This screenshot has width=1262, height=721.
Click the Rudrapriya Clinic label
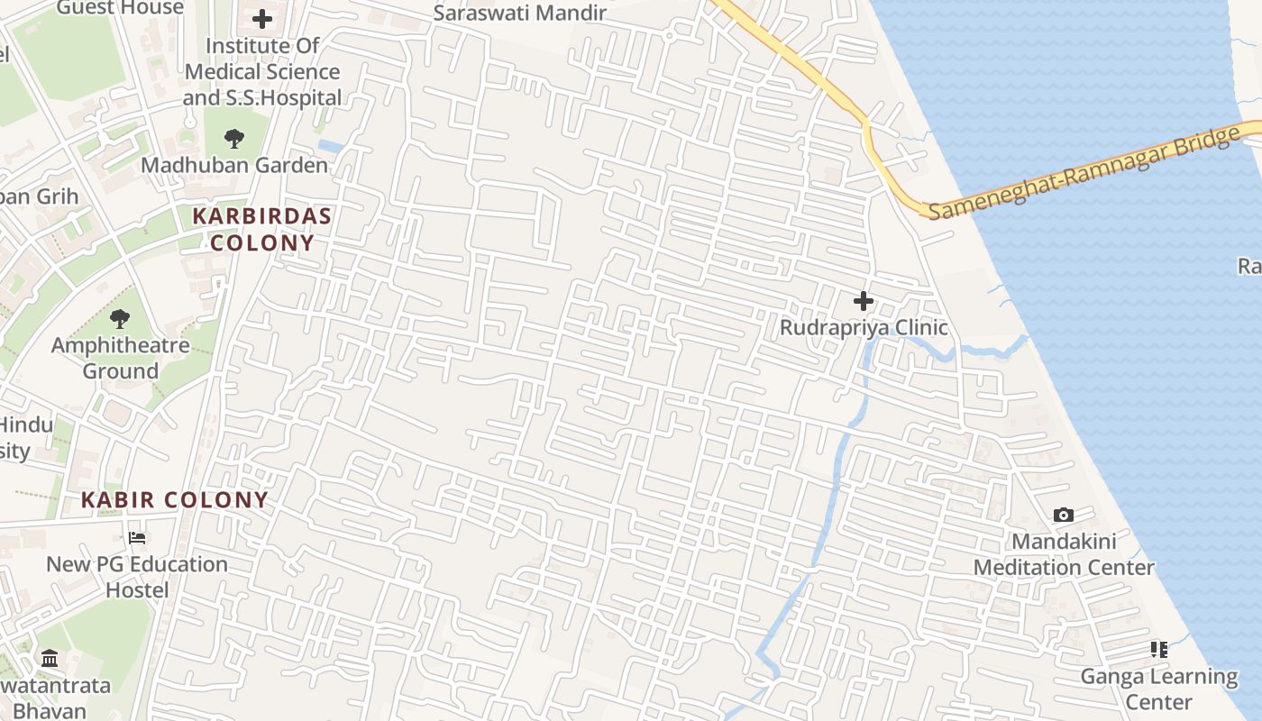coord(864,327)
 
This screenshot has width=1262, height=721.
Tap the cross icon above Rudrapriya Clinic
coord(864,301)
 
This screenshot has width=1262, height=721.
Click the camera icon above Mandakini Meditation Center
coord(1064,516)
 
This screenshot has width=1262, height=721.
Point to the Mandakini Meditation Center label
coord(1064,554)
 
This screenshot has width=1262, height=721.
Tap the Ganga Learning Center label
coord(1159,689)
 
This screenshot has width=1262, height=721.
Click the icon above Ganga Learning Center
coord(1159,650)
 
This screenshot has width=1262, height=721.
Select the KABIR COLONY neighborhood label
coord(175,500)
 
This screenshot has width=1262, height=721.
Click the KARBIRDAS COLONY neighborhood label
coord(261,229)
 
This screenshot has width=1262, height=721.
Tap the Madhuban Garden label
coord(234,166)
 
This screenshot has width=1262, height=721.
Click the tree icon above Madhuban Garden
coord(234,139)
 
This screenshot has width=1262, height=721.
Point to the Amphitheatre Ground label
coord(120,358)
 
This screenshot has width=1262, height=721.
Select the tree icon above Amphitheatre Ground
coord(120,318)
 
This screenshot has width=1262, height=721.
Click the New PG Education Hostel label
coord(137,577)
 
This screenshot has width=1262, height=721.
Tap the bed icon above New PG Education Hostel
coord(137,538)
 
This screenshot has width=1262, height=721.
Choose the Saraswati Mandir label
coord(520,13)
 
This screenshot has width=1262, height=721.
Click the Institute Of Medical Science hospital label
coord(262,71)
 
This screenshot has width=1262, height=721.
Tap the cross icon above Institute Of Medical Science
coord(262,19)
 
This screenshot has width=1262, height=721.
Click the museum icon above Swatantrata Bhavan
coord(50,659)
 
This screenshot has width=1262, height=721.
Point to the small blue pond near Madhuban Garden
coord(330,146)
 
